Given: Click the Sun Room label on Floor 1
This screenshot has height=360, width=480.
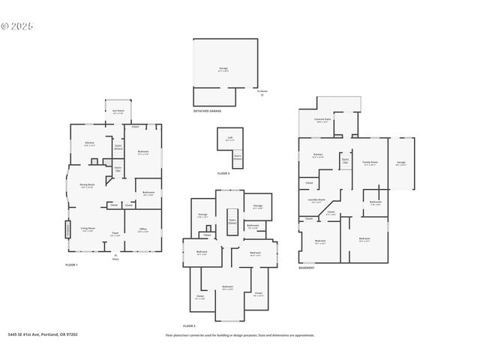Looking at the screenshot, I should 118,111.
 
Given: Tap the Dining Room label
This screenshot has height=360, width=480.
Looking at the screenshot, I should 87,185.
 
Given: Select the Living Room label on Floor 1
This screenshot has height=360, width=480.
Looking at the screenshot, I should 88,229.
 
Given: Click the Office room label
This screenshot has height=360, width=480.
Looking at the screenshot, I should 142,231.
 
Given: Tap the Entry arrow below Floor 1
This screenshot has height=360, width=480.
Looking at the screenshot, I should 115,256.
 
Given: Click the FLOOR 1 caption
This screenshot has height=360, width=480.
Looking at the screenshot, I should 72,265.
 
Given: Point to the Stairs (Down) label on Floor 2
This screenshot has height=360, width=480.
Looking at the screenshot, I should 232,221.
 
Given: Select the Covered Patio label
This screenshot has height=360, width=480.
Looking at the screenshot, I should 322,121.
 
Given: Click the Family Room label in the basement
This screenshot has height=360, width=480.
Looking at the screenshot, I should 370,163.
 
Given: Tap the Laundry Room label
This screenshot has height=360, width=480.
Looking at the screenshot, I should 316,200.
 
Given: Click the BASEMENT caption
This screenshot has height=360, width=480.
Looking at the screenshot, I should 306,268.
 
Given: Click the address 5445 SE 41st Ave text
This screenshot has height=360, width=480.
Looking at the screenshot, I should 43,334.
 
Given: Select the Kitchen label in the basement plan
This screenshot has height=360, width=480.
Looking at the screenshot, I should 317,156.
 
